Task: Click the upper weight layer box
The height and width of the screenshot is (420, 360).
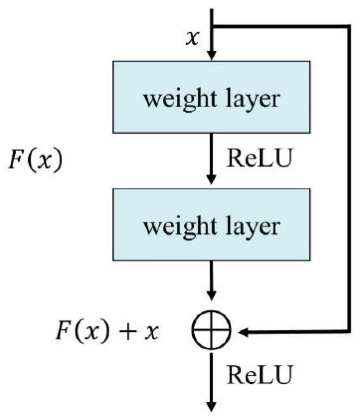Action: click(211, 97)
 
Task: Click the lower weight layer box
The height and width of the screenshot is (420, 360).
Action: click(211, 224)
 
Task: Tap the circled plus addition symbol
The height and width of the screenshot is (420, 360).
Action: click(211, 329)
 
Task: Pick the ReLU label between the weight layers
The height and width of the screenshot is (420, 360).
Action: click(259, 159)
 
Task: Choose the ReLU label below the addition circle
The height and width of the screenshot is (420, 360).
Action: click(259, 375)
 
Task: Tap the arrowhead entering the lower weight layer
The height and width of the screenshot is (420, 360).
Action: click(211, 179)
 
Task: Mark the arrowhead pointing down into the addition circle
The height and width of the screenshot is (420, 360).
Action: click(211, 295)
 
